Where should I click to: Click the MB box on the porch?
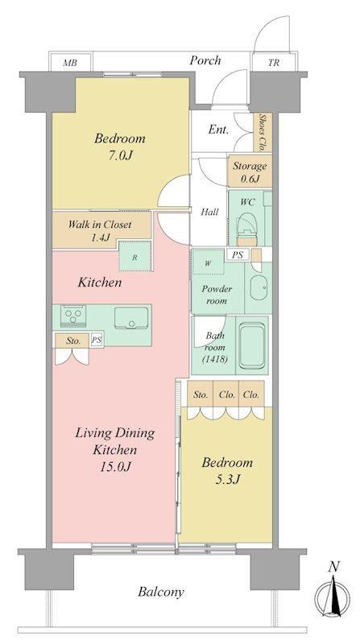coord(71,63)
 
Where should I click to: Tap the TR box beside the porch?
coord(273,63)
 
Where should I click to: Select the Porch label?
coord(205,60)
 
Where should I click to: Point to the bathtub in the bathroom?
coord(251,345)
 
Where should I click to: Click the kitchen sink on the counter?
coord(131,317)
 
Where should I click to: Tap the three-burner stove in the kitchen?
coord(73,316)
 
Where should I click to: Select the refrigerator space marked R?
coord(134,256)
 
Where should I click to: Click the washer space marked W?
coord(208,262)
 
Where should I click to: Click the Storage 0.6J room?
coord(250,171)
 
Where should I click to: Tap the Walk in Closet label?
coord(100,225)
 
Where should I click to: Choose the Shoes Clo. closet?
coord(262,133)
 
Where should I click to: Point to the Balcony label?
coord(161,592)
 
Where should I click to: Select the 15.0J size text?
coord(114,467)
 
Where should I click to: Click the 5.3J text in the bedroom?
coord(226,480)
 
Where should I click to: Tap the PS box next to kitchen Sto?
coord(97,341)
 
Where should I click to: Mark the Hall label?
coord(209,213)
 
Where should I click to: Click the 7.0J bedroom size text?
coord(119,155)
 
